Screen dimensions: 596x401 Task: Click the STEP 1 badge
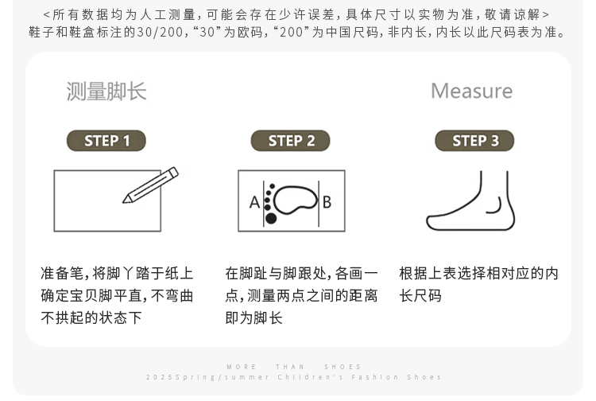(x=106, y=141)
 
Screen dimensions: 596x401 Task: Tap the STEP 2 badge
(x=290, y=141)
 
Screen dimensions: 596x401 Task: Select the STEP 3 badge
(x=474, y=141)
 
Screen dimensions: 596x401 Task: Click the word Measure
(x=472, y=91)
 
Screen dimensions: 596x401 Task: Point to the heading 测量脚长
(x=106, y=91)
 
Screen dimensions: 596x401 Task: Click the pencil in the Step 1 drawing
(x=150, y=185)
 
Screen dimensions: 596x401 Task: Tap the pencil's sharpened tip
(x=123, y=201)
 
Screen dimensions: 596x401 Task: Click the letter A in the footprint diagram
(x=254, y=202)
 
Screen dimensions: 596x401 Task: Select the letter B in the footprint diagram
(x=327, y=202)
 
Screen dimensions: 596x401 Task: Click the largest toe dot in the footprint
(x=271, y=218)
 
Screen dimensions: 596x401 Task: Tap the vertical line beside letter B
(x=319, y=204)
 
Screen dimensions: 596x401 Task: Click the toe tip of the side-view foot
(x=428, y=222)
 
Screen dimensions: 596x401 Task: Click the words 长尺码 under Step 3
(x=420, y=296)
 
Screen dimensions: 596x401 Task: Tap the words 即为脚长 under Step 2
(x=253, y=317)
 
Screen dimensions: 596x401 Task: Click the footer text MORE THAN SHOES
(x=293, y=367)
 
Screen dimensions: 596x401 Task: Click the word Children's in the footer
(x=311, y=377)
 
